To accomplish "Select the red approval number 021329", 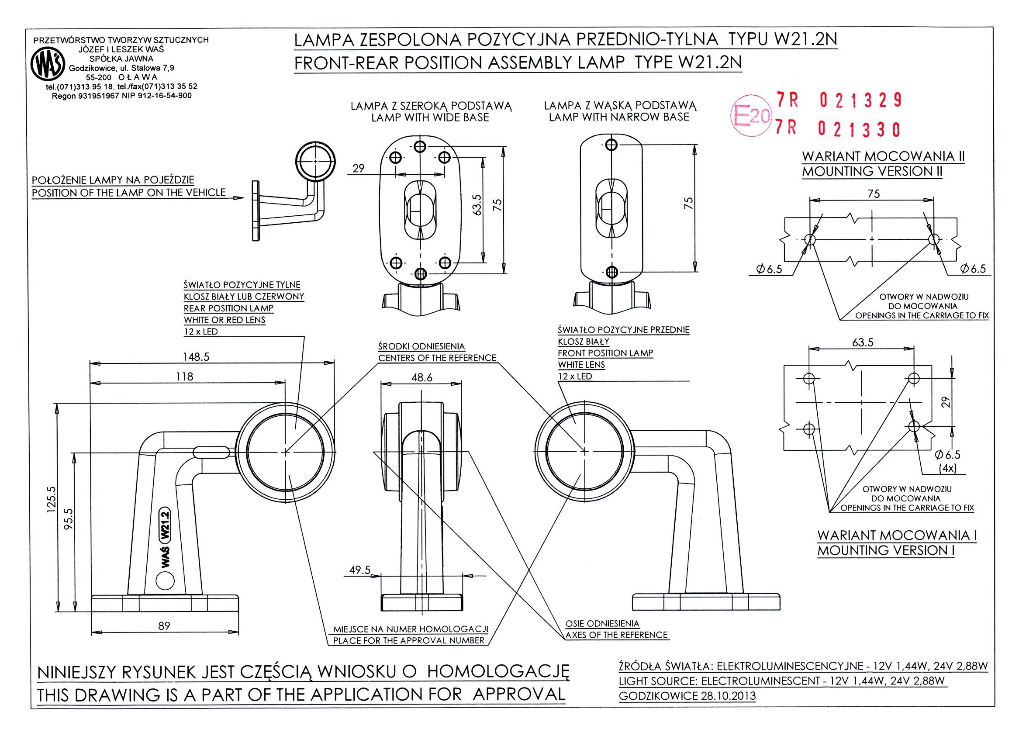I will point(860,100).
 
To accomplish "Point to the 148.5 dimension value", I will point(196,357).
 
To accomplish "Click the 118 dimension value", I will point(184,376).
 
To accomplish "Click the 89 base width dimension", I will point(164,626).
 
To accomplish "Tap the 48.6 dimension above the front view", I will point(421,378).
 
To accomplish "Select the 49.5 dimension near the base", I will point(360,570).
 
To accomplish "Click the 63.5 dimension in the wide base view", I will point(477,204).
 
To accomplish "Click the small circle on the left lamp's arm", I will point(165,581).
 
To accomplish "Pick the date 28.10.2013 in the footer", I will point(728,696).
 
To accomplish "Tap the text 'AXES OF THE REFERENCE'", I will point(617,635).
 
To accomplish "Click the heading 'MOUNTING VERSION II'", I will point(872,171).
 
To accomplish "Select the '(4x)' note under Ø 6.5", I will point(948,468).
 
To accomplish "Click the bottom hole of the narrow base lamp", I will point(611,271).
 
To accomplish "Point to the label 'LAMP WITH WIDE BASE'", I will point(430,117).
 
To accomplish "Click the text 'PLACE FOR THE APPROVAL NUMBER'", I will point(409,640).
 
